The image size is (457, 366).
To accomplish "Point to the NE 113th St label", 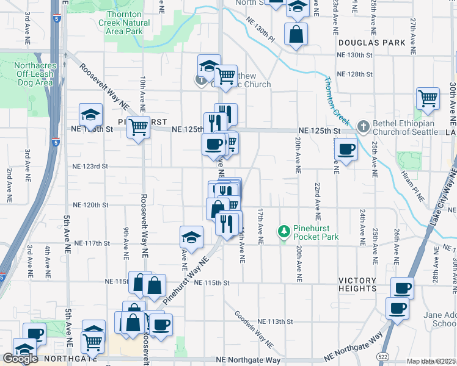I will pyautogui.click(x=276, y=321).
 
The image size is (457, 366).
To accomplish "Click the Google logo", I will pyautogui.click(x=20, y=359).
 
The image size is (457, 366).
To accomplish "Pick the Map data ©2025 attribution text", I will pyautogui.click(x=431, y=361).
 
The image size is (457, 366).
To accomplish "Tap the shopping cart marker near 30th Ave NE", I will pyautogui.click(x=428, y=98).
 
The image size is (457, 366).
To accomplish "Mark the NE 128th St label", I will pyautogui.click(x=354, y=74).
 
